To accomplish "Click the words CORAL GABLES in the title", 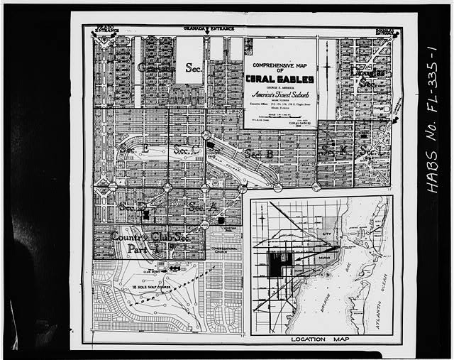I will tap(281, 79).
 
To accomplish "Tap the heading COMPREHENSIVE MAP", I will tap(281, 63).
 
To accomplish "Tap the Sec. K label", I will tap(333, 151).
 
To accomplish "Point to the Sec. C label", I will tap(186, 150).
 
